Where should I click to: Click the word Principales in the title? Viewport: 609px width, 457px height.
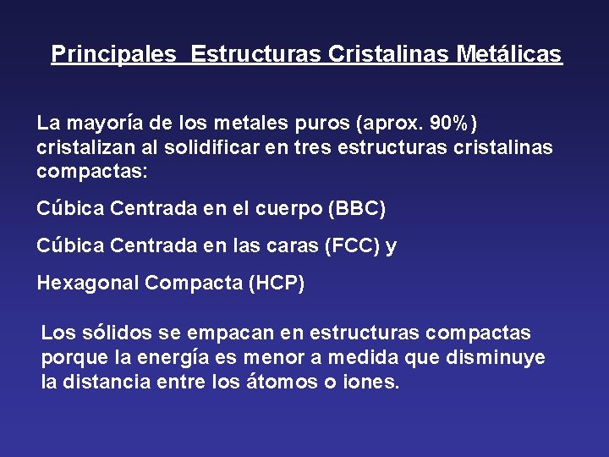[x=113, y=55]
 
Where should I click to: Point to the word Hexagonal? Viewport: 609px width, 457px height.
[x=88, y=284]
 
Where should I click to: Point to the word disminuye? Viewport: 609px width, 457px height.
[x=500, y=358]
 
